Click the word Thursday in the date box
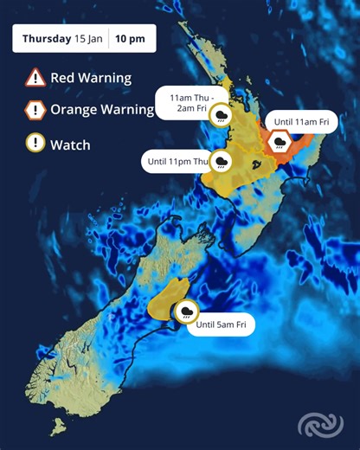(x=46, y=39)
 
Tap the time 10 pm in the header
(x=135, y=39)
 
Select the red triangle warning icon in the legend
(x=35, y=77)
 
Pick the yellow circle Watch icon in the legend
(x=35, y=144)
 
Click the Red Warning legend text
(x=90, y=77)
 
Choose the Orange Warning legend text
(x=101, y=110)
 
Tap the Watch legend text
(x=70, y=144)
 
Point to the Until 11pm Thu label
(x=177, y=161)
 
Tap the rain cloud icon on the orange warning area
(x=280, y=145)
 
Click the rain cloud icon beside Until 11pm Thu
(x=222, y=161)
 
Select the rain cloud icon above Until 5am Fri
(x=186, y=312)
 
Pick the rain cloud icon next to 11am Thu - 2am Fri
(x=223, y=114)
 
